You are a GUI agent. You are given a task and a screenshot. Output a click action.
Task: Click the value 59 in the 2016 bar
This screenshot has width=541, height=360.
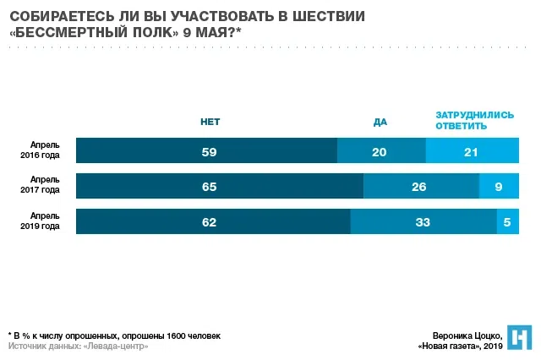207,151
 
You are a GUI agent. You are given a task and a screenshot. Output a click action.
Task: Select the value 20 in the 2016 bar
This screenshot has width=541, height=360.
380,151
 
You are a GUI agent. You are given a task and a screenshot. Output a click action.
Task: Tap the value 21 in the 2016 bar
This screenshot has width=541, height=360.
470,151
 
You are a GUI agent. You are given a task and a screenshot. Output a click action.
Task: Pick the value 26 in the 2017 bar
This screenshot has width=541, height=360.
419,187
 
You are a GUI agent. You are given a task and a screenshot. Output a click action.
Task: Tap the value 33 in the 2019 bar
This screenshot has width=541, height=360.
423,222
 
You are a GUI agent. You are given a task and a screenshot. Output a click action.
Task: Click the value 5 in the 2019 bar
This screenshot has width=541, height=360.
507,222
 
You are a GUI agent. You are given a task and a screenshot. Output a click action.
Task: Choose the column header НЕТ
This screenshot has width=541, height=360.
210,122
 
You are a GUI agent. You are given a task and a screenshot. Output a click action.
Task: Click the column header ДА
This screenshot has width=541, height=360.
380,122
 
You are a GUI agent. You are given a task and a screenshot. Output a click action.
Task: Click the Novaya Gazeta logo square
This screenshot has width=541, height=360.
519,336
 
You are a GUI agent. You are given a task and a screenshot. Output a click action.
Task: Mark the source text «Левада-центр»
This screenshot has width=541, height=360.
109,346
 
